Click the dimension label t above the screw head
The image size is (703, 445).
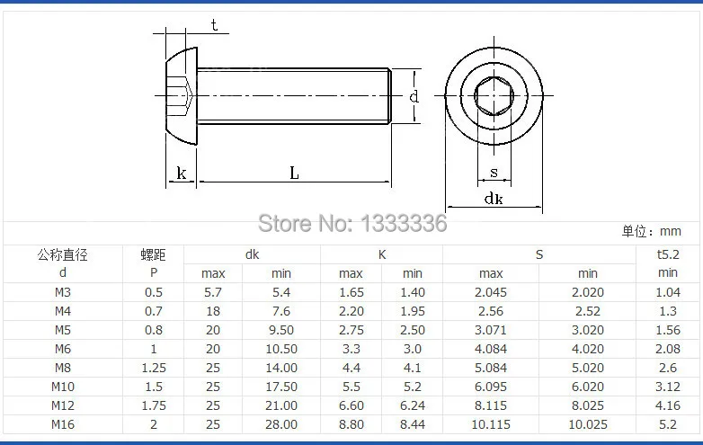pyautogui.click(x=214, y=25)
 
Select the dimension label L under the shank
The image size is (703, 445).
pyautogui.click(x=294, y=173)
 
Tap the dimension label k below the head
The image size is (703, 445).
pyautogui.click(x=181, y=173)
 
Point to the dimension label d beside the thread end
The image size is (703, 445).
pyautogui.click(x=414, y=95)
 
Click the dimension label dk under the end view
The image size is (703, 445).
pyautogui.click(x=494, y=198)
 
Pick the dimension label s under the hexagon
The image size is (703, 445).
pyautogui.click(x=494, y=172)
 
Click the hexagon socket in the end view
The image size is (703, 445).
pyautogui.click(x=494, y=95)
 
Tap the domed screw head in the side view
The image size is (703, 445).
pyautogui.click(x=181, y=96)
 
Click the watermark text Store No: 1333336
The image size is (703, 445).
pyautogui.click(x=352, y=223)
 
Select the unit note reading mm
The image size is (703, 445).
pyautogui.click(x=671, y=231)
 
